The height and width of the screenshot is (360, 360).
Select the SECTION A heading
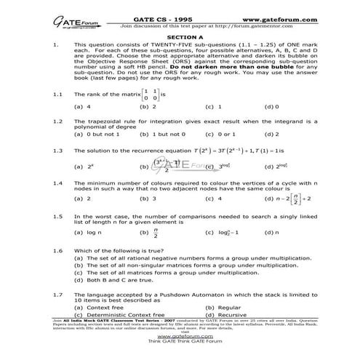[180, 36]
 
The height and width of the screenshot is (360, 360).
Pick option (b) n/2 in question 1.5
[149, 233]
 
